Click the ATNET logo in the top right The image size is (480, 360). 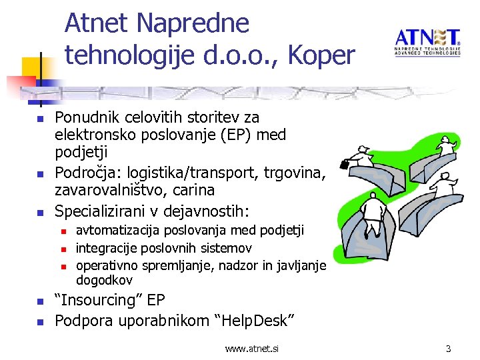click(x=427, y=41)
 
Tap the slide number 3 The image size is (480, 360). click(x=449, y=349)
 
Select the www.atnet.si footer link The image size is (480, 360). click(x=252, y=349)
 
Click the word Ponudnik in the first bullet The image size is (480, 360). click(x=85, y=118)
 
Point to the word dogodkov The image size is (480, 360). click(x=105, y=280)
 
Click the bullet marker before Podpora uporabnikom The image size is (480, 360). click(x=39, y=321)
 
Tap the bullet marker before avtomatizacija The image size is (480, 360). click(x=64, y=231)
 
